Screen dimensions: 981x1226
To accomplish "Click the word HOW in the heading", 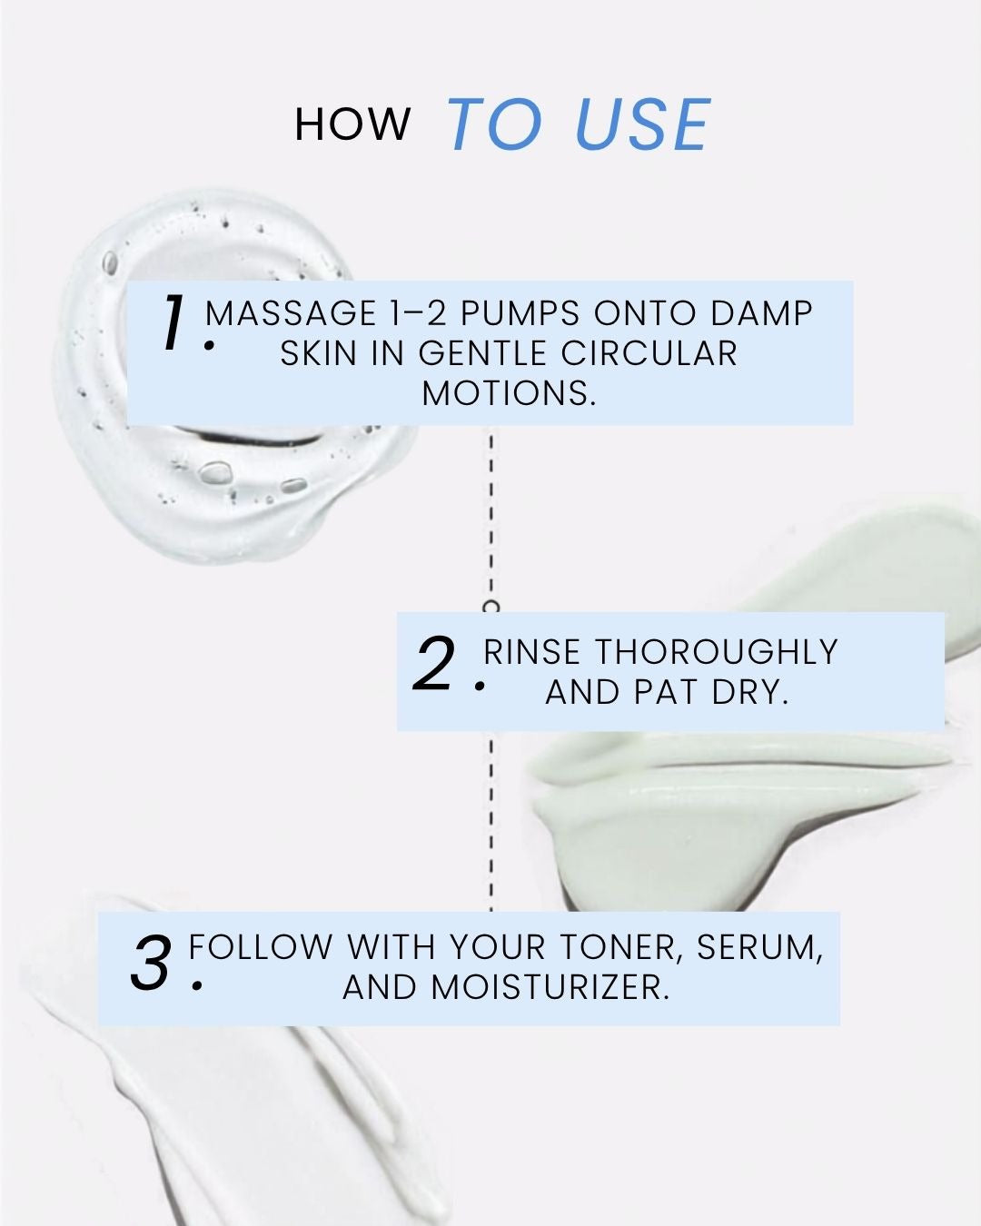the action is (352, 124).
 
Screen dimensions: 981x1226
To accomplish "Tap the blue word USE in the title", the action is (643, 124).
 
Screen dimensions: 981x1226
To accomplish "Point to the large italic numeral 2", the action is (434, 664).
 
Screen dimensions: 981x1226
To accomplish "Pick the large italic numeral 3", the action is (151, 964).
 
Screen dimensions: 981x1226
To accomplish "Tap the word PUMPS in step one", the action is (520, 313).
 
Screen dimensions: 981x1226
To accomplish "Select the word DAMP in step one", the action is (761, 313).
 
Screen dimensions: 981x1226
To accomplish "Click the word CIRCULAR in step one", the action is (649, 353).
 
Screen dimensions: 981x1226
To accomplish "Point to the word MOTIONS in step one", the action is (509, 393).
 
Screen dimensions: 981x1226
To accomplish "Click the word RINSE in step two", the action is (531, 652).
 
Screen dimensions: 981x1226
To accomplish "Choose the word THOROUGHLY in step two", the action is (717, 652).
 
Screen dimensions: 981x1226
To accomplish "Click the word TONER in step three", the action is (621, 947).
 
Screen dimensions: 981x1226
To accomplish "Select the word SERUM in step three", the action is (760, 947).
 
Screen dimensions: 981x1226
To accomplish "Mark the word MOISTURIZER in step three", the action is (550, 987).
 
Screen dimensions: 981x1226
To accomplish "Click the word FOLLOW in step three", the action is (260, 947).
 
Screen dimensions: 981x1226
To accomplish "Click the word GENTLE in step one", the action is (482, 353).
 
